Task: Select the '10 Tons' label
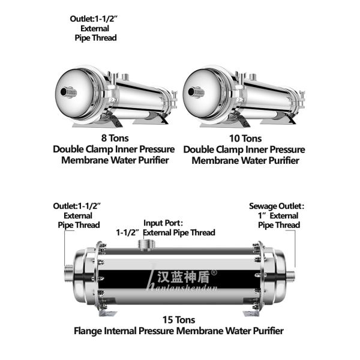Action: (x=244, y=139)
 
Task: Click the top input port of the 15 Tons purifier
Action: (x=146, y=244)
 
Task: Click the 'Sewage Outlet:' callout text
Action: (x=275, y=206)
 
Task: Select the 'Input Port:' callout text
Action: (x=165, y=223)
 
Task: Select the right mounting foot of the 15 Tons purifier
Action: (x=253, y=314)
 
